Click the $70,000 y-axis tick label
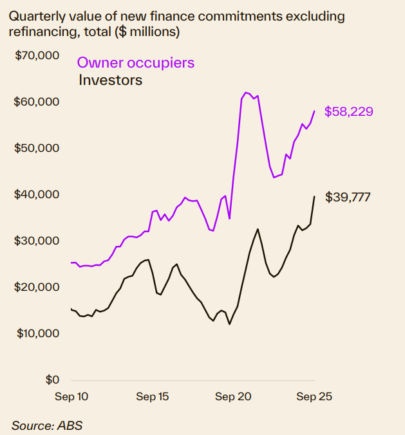[x=37, y=55]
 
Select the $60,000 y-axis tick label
[x=37, y=102]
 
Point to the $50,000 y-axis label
[x=37, y=148]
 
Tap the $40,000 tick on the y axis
[x=37, y=194]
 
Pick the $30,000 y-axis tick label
[x=37, y=241]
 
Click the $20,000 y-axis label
[x=37, y=287]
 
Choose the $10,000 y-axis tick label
[x=37, y=333]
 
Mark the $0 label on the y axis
[x=52, y=380]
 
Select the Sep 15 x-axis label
[x=152, y=397]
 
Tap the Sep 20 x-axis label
[x=233, y=397]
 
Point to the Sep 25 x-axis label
[x=314, y=397]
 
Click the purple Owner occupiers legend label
[x=135, y=63]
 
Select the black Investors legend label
[x=110, y=80]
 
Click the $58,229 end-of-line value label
[x=348, y=112]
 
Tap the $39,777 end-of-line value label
[x=348, y=197]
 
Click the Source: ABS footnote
[x=46, y=425]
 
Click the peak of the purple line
[x=246, y=93]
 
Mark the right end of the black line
[x=314, y=196]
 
